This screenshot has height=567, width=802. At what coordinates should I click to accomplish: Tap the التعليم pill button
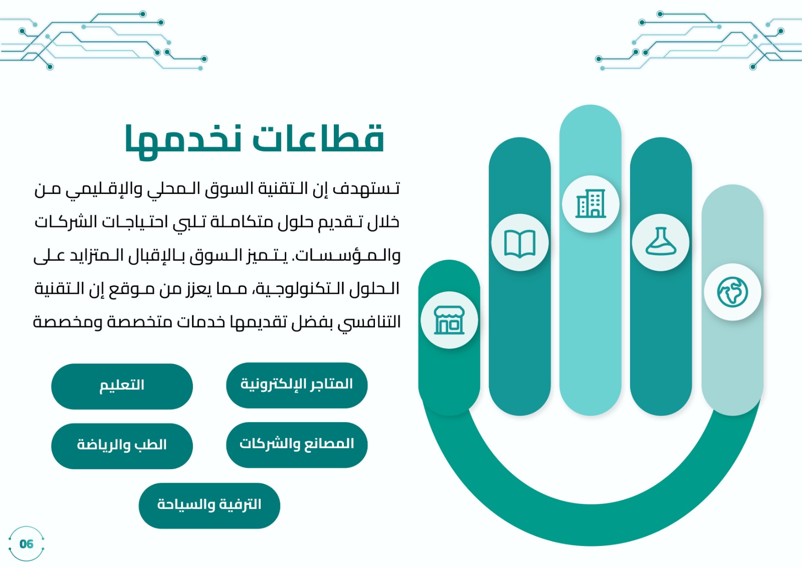(122, 386)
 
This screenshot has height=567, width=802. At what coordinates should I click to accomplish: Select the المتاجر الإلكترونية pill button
(297, 385)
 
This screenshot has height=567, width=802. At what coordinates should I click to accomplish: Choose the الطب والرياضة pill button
(122, 446)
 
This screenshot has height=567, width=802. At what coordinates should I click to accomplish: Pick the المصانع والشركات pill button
(297, 445)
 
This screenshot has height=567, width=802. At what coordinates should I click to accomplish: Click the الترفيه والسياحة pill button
(210, 505)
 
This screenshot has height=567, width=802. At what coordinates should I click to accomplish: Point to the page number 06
(26, 544)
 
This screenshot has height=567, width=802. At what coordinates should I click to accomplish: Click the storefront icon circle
(449, 320)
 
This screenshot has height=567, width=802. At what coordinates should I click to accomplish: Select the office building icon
(590, 204)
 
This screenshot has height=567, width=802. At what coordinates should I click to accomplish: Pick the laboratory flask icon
(661, 241)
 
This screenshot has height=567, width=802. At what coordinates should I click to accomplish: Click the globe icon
(732, 292)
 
